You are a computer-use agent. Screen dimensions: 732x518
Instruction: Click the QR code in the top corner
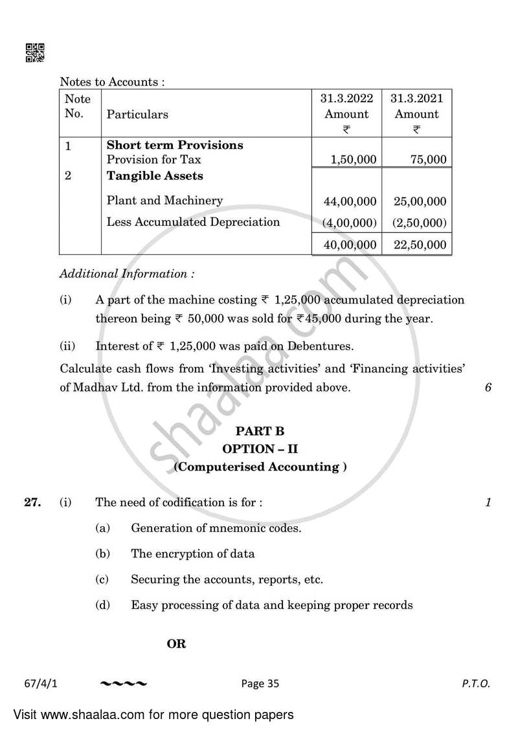34,53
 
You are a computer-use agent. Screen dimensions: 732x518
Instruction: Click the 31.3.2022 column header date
346,98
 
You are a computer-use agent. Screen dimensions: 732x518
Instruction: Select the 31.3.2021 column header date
417,98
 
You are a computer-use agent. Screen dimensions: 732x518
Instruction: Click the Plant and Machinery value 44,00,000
350,201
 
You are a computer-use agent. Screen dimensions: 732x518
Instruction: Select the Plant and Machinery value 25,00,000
420,201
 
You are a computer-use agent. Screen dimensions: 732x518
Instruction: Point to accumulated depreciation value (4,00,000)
350,223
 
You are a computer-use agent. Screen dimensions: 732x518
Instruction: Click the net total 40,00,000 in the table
350,244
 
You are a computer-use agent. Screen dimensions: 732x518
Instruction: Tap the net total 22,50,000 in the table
420,244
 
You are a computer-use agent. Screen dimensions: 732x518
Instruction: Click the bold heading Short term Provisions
175,145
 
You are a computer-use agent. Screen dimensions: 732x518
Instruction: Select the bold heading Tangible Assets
155,176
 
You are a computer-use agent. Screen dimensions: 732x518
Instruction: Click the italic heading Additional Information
127,273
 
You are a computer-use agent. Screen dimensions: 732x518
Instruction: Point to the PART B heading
260,430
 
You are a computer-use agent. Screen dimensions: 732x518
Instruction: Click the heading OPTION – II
260,449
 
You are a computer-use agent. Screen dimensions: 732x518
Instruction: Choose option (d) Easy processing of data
271,605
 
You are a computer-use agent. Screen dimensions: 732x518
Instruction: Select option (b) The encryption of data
192,553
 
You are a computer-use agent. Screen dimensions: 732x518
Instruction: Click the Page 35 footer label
261,683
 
